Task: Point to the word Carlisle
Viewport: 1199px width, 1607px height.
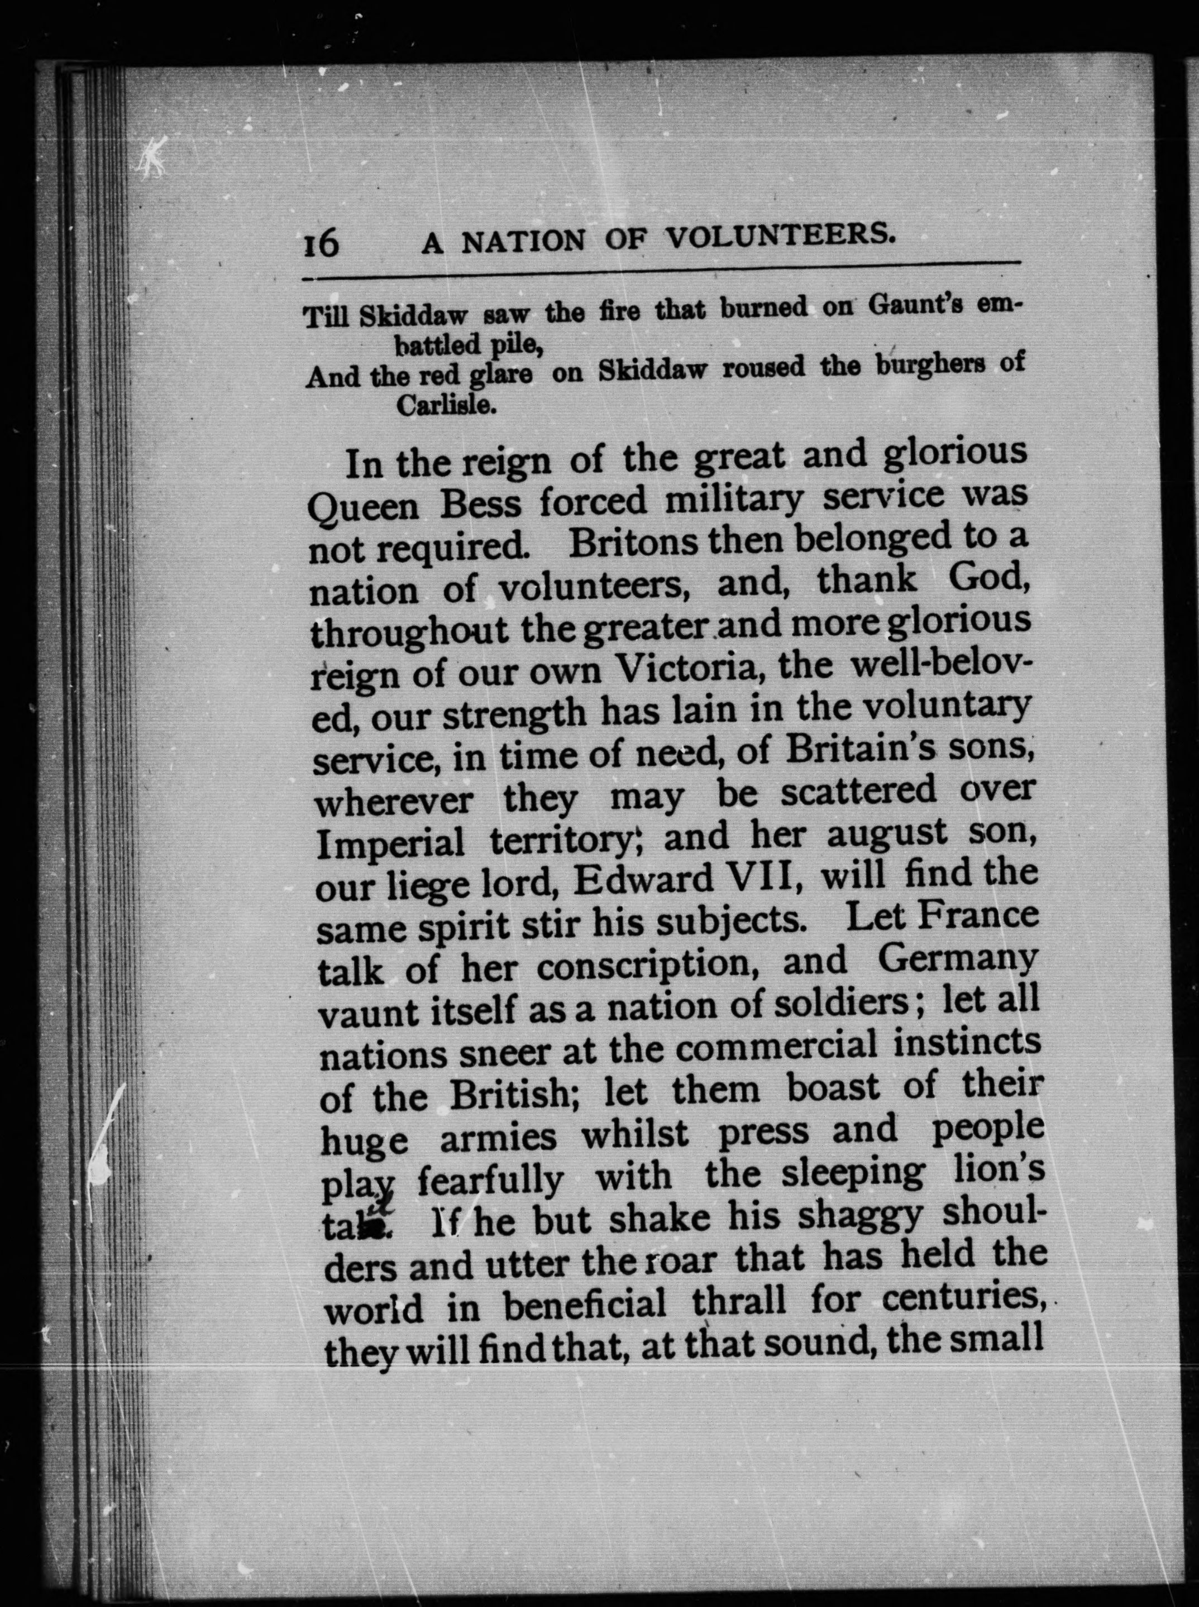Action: tap(446, 406)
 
